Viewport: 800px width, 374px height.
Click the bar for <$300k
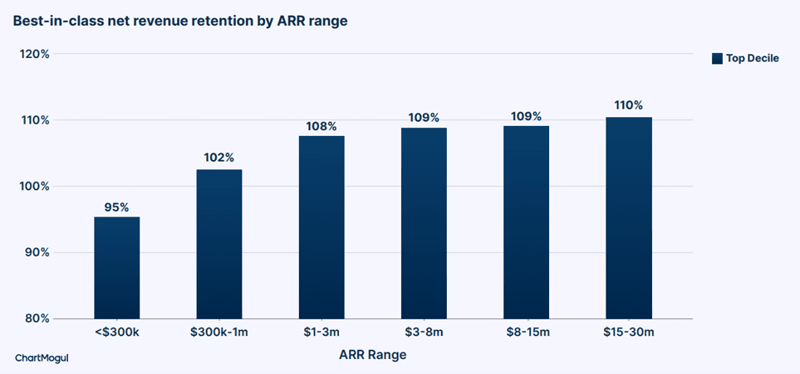coord(117,268)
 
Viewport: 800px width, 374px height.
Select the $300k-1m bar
coord(219,244)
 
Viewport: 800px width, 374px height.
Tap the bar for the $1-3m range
coord(321,227)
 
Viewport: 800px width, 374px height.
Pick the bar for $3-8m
coord(424,223)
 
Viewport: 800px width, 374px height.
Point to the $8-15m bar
coord(526,223)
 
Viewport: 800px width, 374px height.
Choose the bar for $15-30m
coord(629,218)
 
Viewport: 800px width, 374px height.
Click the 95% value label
coord(117,207)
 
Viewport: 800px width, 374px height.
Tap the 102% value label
coord(219,158)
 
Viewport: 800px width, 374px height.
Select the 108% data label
coord(321,126)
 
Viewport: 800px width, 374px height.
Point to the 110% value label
coord(629,105)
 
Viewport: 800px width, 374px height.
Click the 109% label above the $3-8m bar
coord(424,118)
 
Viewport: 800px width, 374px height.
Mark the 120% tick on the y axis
coord(35,54)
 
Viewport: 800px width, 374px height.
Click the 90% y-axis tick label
coord(37,253)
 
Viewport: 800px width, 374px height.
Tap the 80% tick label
coord(37,319)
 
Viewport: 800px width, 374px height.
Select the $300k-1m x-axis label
coord(219,333)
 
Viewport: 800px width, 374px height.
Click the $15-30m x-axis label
coord(629,333)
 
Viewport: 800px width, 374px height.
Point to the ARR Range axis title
coord(373,355)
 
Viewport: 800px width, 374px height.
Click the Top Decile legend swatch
coord(718,59)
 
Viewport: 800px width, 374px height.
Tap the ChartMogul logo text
coord(42,358)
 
